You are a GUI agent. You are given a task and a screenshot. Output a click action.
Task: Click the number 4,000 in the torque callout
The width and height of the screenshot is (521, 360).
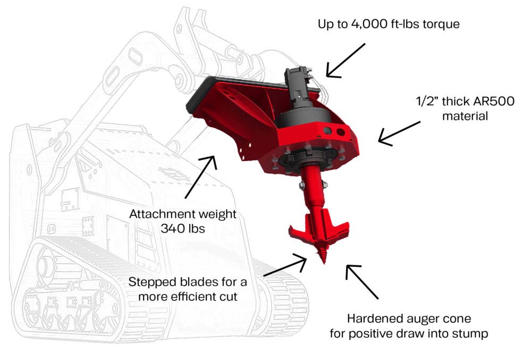click(x=368, y=24)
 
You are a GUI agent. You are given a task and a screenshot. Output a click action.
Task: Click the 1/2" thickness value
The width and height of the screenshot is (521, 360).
click(x=427, y=101)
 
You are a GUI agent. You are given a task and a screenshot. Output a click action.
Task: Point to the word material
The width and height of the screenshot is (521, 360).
click(x=465, y=116)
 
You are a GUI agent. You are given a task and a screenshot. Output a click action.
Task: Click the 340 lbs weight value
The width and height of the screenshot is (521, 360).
click(x=183, y=228)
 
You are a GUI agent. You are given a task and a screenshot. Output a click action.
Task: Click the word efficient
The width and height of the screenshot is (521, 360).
click(x=197, y=297)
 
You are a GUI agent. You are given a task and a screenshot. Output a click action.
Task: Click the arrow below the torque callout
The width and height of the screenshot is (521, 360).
click(x=345, y=61)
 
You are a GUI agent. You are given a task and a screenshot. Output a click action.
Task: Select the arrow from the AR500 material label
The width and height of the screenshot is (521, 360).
click(x=399, y=134)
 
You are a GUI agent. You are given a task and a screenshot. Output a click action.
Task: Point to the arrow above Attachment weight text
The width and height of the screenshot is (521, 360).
click(x=201, y=177)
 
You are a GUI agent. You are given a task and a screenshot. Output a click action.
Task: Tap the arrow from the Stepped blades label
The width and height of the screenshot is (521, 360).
click(x=285, y=265)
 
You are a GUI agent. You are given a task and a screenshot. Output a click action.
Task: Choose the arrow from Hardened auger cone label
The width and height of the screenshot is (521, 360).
click(x=362, y=281)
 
